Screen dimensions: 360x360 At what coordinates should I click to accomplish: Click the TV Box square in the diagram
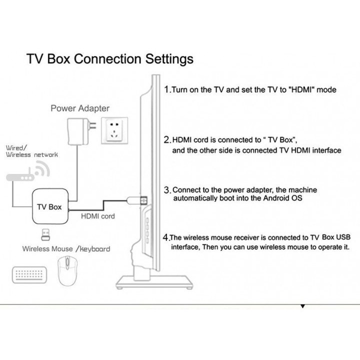point(48,207)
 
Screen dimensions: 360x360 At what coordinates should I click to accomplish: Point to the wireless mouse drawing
point(67,272)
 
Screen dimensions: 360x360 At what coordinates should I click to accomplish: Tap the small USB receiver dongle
point(44,233)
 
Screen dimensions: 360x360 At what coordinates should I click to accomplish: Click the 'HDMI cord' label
point(97,216)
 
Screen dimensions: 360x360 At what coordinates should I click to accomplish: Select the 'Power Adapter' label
point(79,108)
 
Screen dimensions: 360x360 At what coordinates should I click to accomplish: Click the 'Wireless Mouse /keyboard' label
point(66,248)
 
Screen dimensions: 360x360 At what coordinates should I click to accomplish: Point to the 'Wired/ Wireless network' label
point(31,151)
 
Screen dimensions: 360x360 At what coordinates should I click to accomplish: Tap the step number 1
point(167,90)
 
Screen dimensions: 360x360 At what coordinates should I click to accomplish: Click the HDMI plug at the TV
point(142,200)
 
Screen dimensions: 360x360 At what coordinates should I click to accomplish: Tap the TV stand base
point(153,286)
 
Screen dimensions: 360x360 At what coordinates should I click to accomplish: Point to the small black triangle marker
point(302,305)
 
